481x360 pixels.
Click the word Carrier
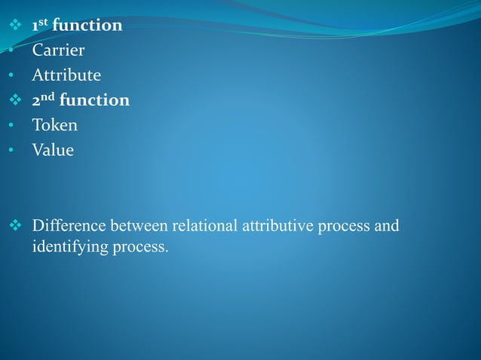click(58, 50)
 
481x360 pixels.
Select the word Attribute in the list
click(66, 75)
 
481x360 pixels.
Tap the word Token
click(54, 125)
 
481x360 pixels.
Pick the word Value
click(52, 150)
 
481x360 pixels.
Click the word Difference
click(69, 225)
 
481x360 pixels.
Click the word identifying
click(66, 246)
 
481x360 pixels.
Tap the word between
click(140, 225)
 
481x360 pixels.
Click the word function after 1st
click(87, 26)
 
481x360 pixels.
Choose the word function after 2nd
click(94, 100)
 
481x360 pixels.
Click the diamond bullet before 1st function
click(13, 26)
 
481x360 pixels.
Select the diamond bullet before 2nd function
click(13, 101)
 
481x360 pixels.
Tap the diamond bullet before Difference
click(13, 226)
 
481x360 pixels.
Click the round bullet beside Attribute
click(11, 76)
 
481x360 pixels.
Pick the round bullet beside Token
click(11, 126)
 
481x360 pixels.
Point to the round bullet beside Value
click(11, 151)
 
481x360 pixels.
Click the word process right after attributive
click(345, 226)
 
